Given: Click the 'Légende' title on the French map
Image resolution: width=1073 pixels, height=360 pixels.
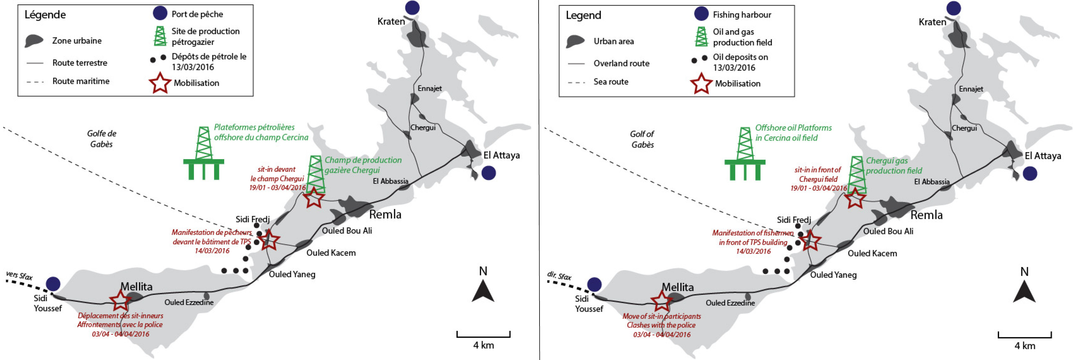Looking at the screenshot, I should tap(45, 15).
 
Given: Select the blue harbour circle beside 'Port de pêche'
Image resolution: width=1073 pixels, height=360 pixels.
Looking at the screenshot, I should tap(160, 13).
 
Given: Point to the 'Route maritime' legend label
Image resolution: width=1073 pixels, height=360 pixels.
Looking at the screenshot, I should tap(81, 81).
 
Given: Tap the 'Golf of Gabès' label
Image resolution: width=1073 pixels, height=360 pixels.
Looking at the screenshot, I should tap(642, 139).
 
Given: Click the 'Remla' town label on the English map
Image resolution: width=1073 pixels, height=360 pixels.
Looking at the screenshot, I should tap(926, 215).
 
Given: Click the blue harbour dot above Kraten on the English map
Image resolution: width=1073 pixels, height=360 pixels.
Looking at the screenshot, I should tap(953, 8).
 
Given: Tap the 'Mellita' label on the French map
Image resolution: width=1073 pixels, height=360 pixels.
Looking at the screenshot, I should tap(136, 287).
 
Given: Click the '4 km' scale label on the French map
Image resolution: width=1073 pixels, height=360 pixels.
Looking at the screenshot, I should tap(483, 345).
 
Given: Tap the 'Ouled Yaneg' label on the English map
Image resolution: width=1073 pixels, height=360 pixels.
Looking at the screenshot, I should tap(833, 275).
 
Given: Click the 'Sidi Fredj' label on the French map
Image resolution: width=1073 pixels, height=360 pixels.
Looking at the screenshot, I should tap(252, 219).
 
